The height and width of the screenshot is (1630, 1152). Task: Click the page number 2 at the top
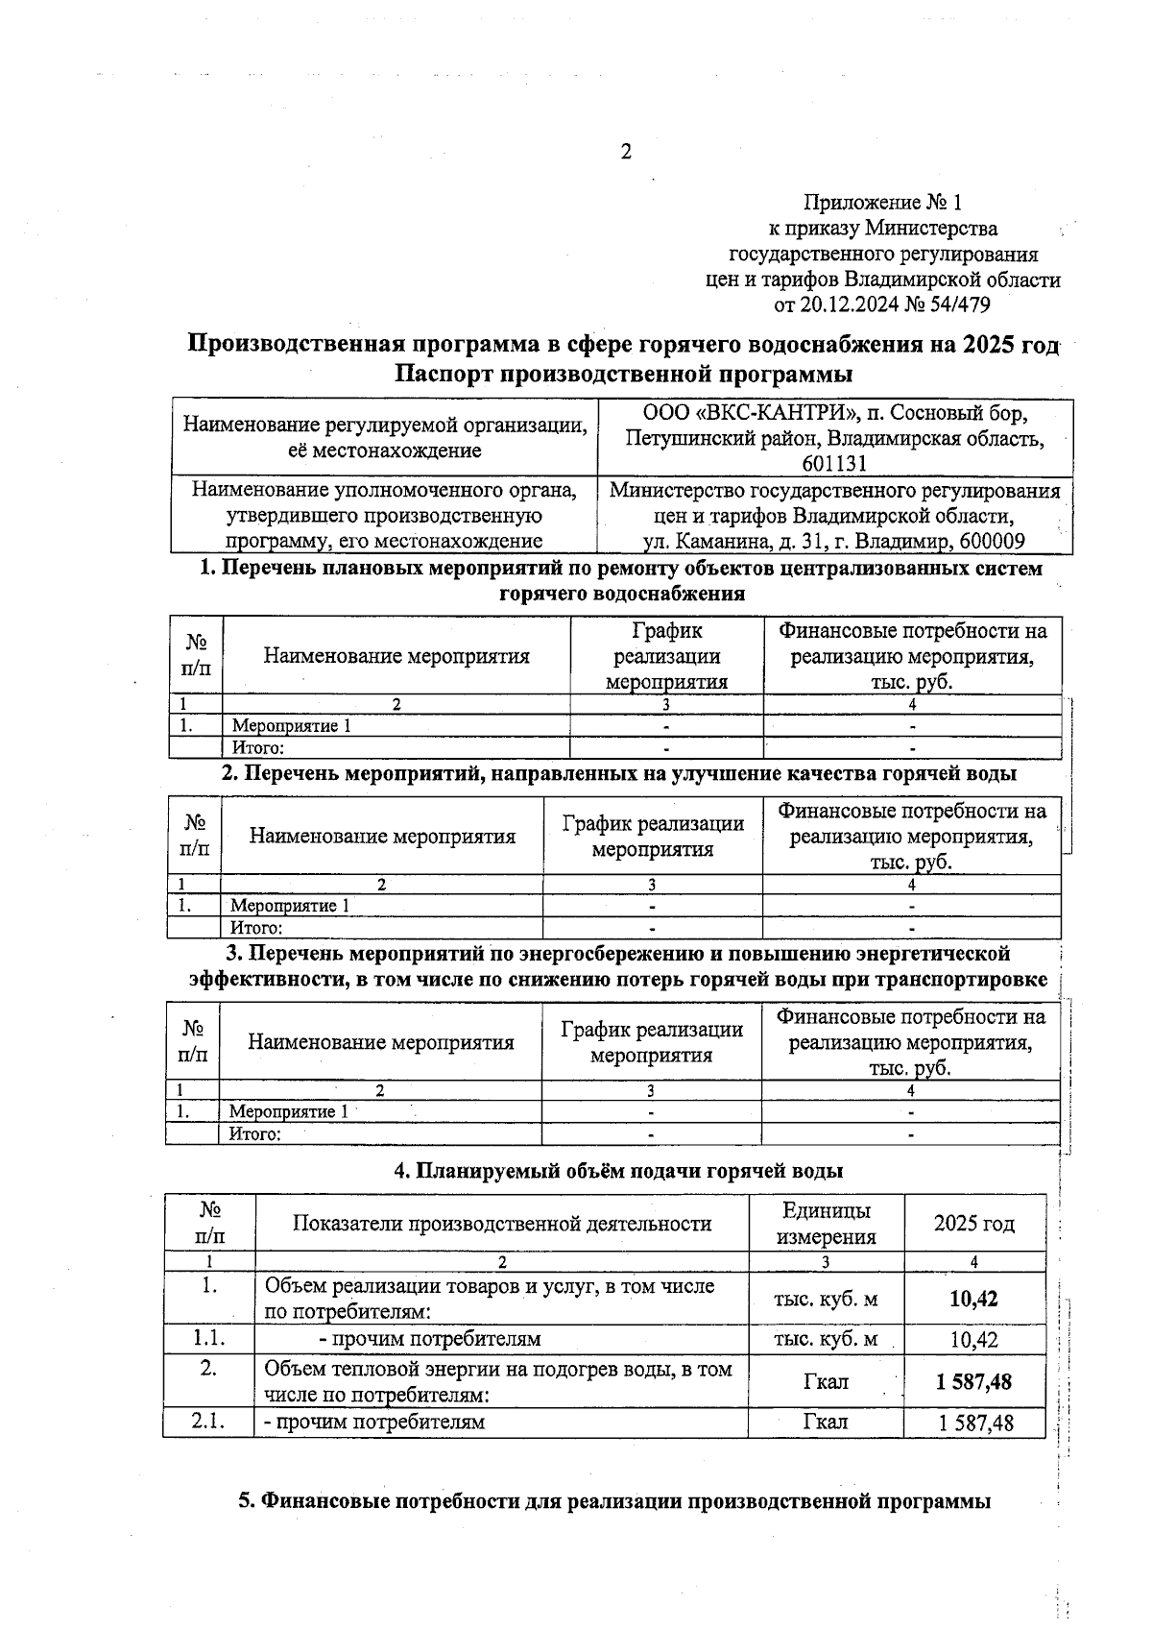[x=626, y=152]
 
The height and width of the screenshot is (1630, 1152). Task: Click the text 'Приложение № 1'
[x=881, y=203]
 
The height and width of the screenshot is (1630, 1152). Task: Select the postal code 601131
[x=835, y=463]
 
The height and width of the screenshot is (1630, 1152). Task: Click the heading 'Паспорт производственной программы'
[x=624, y=373]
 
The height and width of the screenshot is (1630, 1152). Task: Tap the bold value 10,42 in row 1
[x=973, y=1299]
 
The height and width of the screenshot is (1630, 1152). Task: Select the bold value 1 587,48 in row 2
[x=973, y=1381]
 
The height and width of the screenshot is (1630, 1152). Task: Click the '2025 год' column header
[x=973, y=1223]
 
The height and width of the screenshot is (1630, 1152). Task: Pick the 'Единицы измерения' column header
[x=826, y=1223]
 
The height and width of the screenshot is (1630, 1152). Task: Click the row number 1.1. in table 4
[x=208, y=1338]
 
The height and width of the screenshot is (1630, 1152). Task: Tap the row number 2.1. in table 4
[x=208, y=1422]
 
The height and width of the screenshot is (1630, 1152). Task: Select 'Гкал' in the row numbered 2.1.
[x=826, y=1422]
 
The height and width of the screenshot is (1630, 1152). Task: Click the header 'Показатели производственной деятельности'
[x=501, y=1223]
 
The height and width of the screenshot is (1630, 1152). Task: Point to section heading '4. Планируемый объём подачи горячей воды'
[x=619, y=1171]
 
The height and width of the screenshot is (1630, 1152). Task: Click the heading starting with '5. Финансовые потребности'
[x=614, y=1500]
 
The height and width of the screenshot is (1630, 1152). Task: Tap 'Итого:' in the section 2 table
[x=256, y=928]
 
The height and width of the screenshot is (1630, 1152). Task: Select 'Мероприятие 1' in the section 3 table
[x=288, y=1111]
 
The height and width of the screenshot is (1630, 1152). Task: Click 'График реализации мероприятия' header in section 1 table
[x=666, y=656]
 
